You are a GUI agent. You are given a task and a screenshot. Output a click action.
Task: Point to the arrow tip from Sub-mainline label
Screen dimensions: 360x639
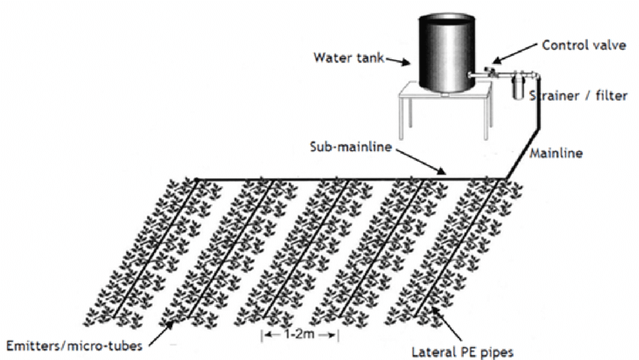click(449, 176)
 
